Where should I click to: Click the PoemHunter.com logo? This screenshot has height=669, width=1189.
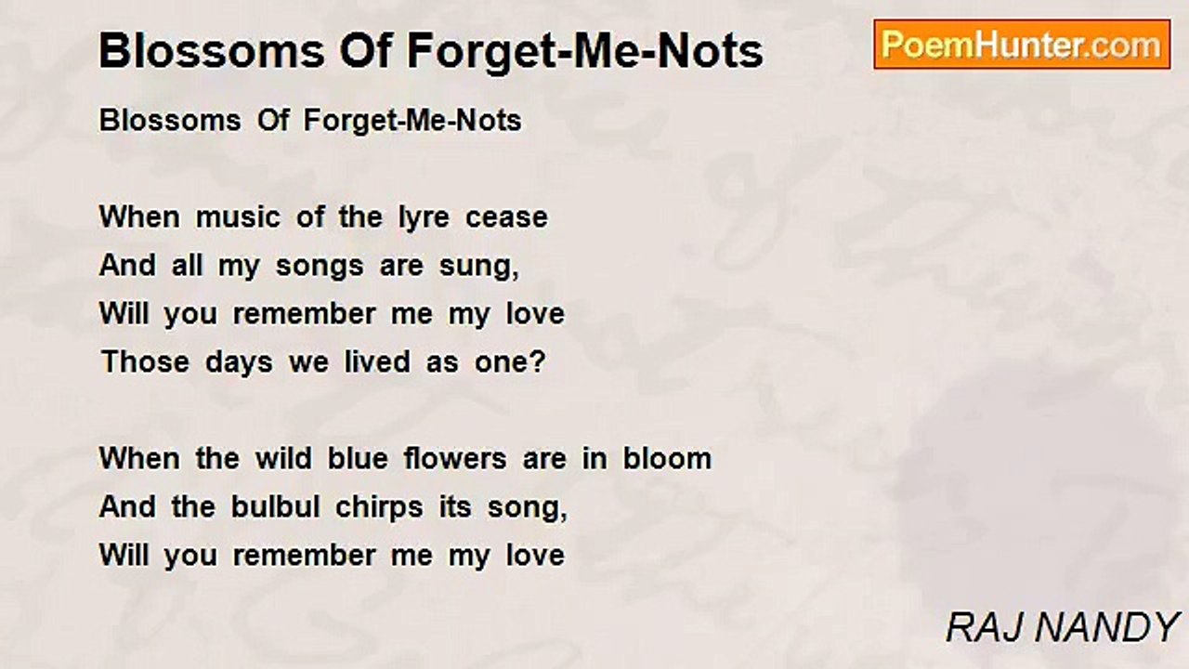point(1022,45)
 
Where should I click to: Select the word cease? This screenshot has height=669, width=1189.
point(506,217)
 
